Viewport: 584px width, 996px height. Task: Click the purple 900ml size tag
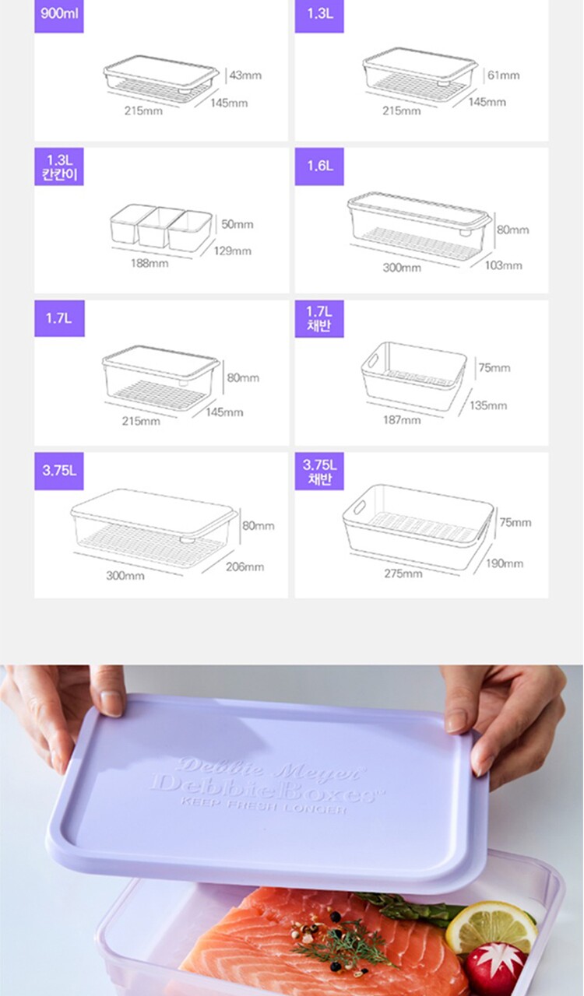click(x=58, y=16)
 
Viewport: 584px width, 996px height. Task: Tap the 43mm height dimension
click(x=245, y=75)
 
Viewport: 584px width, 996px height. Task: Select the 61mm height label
click(x=504, y=75)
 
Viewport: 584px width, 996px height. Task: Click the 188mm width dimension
click(x=150, y=263)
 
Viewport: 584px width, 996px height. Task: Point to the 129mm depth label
click(x=232, y=251)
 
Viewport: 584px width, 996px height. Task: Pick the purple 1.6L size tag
click(x=319, y=167)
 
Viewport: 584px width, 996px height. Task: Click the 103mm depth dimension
click(x=504, y=265)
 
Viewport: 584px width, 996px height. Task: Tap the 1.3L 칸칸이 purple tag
click(x=59, y=167)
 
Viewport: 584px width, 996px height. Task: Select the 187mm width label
click(x=402, y=419)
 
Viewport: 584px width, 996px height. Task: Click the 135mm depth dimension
click(x=488, y=405)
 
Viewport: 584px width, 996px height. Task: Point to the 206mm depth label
click(x=245, y=567)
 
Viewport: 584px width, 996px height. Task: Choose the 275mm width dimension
click(x=403, y=573)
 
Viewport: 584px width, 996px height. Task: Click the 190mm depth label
click(x=505, y=564)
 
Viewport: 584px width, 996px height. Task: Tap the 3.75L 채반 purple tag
click(x=319, y=472)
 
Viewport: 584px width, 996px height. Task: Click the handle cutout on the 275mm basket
click(x=359, y=507)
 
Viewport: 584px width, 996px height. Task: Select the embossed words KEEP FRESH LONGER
click(x=263, y=805)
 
